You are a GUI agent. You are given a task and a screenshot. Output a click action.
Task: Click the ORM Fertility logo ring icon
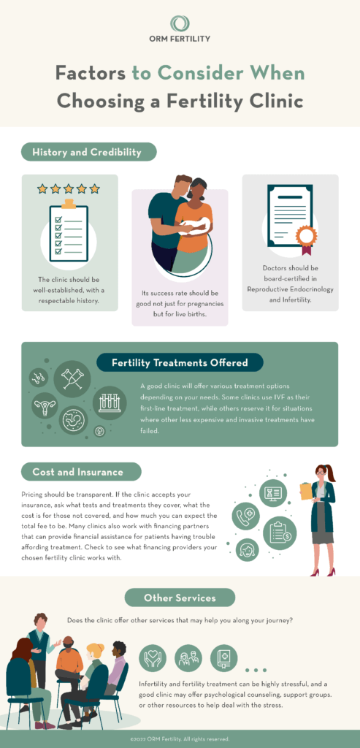point(180,23)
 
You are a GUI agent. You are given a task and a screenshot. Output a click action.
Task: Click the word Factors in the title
point(90,73)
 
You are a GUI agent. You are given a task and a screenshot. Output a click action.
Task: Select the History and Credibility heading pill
point(88,152)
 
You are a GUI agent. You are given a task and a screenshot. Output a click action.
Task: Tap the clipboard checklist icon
point(69,230)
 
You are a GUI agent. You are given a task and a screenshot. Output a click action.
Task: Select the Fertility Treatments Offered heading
point(180,362)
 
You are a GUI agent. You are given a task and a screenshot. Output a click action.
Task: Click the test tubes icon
point(110,403)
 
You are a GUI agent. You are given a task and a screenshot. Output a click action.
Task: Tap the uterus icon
point(45,406)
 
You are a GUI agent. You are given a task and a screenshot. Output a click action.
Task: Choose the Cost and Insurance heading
point(81,472)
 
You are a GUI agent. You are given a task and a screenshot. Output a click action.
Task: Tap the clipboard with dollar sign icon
point(280,533)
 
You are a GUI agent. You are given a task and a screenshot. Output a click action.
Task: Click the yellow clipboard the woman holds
point(306,491)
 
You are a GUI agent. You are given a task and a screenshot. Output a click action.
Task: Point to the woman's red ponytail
point(329,473)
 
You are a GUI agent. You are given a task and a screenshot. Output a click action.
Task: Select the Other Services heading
point(180,598)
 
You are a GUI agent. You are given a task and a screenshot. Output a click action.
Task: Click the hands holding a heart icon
point(153,658)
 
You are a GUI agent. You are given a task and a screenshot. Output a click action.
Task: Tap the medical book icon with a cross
point(223,658)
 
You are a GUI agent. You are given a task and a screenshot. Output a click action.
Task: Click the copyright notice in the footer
point(180,739)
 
